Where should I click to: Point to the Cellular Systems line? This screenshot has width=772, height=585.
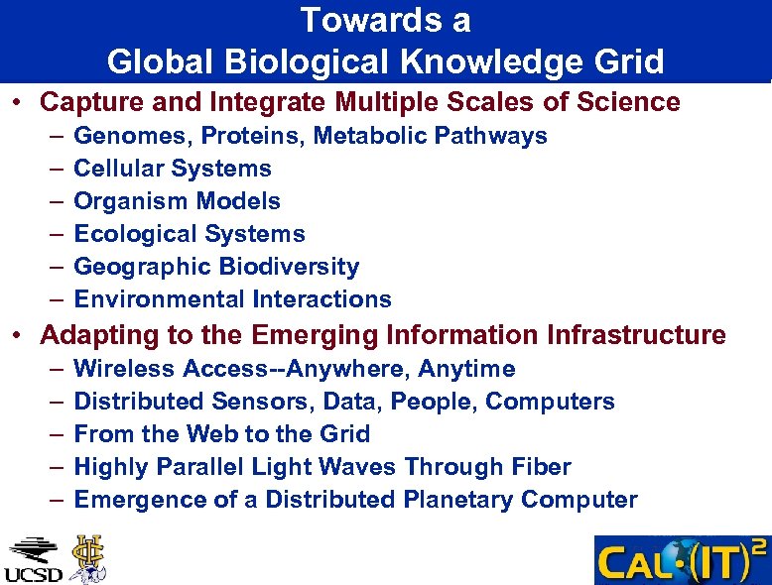click(x=173, y=169)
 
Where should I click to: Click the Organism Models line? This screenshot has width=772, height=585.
click(x=177, y=201)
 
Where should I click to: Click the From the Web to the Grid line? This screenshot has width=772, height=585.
click(x=221, y=434)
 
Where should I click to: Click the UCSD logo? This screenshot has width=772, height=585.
click(x=33, y=560)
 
